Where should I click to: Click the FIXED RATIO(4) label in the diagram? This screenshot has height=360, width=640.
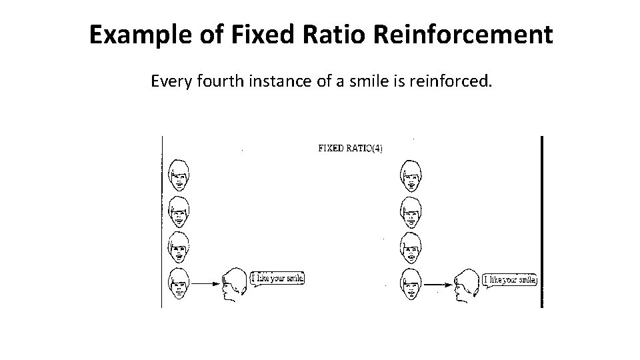[350, 148]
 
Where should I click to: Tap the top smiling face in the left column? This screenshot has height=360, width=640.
[178, 174]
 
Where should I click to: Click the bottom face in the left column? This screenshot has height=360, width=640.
[178, 283]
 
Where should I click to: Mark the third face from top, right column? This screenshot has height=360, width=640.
[411, 248]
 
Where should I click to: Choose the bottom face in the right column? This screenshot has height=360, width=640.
[411, 284]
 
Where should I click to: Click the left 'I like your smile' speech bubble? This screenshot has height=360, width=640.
[277, 278]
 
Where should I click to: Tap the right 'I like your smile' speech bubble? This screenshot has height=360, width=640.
[510, 280]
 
